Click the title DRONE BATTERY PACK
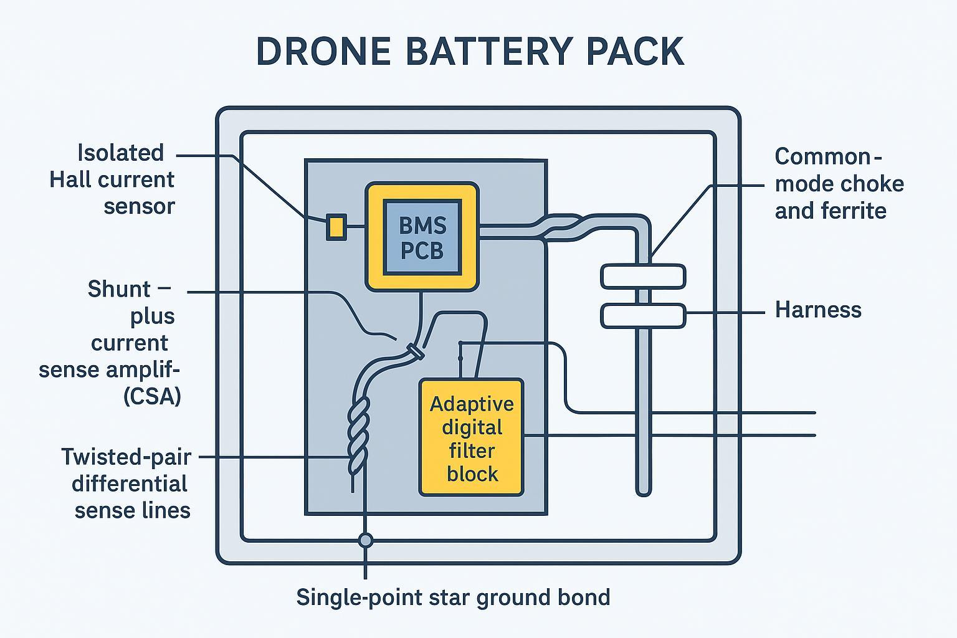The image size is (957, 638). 470,52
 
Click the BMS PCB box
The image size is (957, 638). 422,237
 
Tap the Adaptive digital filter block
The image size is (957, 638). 472,437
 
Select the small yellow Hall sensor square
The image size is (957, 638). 336,226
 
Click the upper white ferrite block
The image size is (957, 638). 643,276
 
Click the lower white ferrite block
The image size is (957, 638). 643,315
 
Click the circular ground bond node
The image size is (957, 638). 366,540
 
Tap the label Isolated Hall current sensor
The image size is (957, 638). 112,179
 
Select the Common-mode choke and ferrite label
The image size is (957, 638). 839,184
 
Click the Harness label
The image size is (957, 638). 817,310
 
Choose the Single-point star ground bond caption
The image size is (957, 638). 453,597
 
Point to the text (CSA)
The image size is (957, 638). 152,396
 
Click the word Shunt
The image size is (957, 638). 118,289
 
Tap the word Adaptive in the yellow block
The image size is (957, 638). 472,404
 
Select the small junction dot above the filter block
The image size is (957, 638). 460,343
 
